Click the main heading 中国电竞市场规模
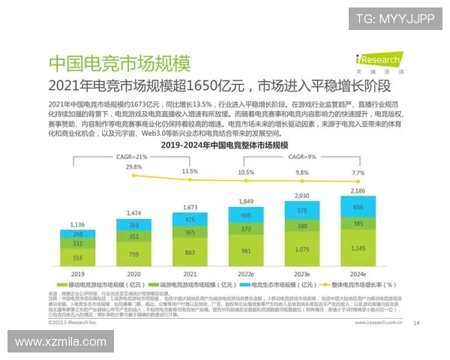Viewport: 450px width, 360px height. pos(118,62)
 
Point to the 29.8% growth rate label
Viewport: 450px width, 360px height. pos(133,166)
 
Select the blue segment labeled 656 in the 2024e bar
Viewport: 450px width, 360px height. pos(358,208)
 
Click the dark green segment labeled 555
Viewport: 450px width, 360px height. pos(77,257)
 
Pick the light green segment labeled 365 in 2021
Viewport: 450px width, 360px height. pos(190,233)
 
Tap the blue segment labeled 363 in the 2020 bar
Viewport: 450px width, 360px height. pos(133,224)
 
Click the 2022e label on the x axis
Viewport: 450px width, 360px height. pos(246,274)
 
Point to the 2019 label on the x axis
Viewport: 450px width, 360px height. pos(77,274)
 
